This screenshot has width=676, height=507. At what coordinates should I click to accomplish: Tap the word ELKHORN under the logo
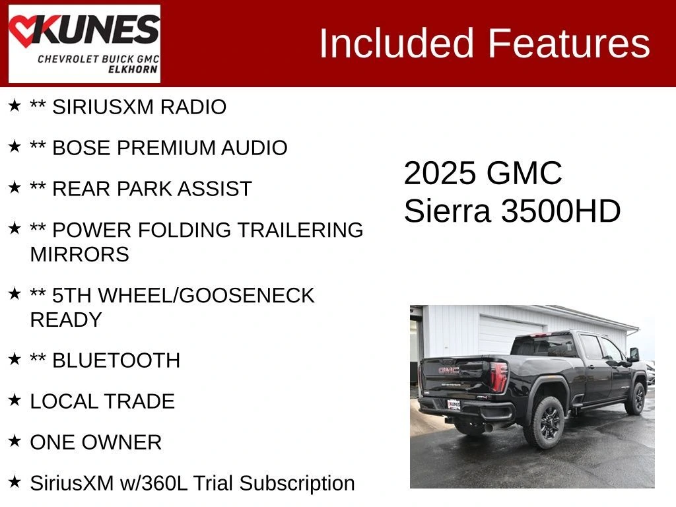133,69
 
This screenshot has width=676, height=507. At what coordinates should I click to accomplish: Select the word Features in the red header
568,43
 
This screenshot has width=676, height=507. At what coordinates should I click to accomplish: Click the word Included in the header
396,43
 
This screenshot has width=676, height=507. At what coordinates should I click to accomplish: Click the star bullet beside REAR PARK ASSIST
15,187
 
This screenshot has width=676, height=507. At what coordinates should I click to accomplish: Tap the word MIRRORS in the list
80,254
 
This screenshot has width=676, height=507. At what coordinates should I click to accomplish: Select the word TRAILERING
300,230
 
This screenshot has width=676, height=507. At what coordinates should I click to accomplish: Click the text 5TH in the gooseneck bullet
72,296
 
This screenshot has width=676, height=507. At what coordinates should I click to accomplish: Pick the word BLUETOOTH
116,360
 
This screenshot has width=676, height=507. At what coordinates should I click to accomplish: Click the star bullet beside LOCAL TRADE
15,400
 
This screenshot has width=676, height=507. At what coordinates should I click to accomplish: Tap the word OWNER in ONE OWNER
122,442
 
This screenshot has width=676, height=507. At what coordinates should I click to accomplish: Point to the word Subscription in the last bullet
297,483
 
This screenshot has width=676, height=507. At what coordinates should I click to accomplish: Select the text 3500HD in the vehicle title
561,211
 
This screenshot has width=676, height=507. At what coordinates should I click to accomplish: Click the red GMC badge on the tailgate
448,370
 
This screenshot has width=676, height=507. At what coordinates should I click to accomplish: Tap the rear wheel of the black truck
545,422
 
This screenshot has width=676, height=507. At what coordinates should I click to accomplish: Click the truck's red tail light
499,377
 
